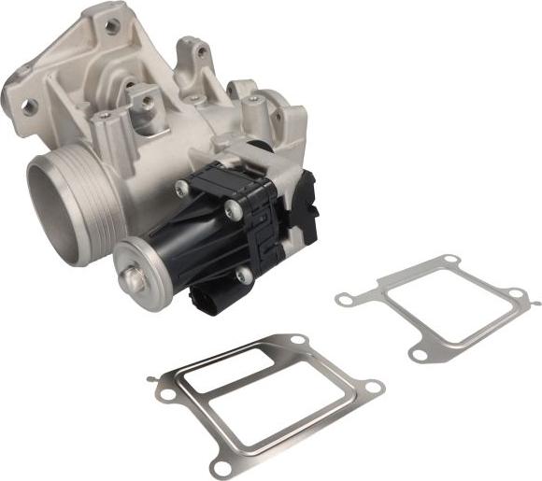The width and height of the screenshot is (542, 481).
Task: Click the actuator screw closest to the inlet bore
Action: coord(181,189)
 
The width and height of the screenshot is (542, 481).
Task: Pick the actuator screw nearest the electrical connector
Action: coord(244,276)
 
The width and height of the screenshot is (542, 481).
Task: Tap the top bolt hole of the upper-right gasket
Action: coord(449,259)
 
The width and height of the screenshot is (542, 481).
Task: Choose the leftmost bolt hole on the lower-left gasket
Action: coord(167,394)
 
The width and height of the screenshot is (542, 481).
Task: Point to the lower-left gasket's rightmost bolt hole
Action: coord(373,386)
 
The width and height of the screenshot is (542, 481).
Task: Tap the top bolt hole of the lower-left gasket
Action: coord(295,339)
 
